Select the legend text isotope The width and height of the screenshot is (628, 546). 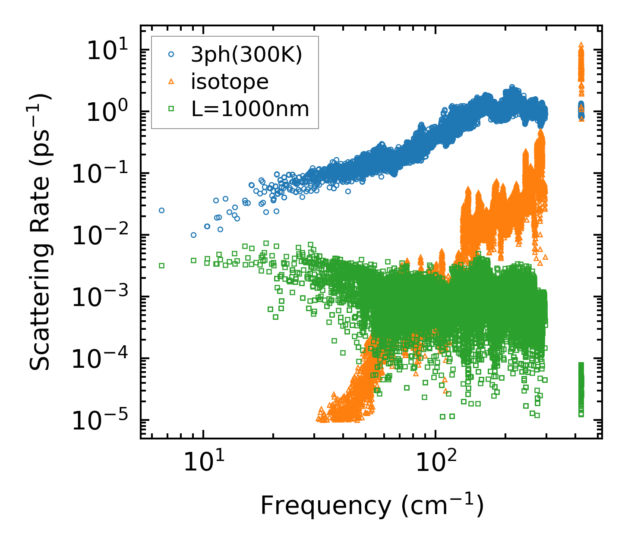[x=230, y=82]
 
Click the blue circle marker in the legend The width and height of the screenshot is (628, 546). [x=171, y=54]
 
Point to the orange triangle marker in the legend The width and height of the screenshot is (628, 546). [x=171, y=82]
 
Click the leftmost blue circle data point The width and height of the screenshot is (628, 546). [x=161, y=211]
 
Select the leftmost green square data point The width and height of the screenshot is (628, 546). [x=161, y=265]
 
